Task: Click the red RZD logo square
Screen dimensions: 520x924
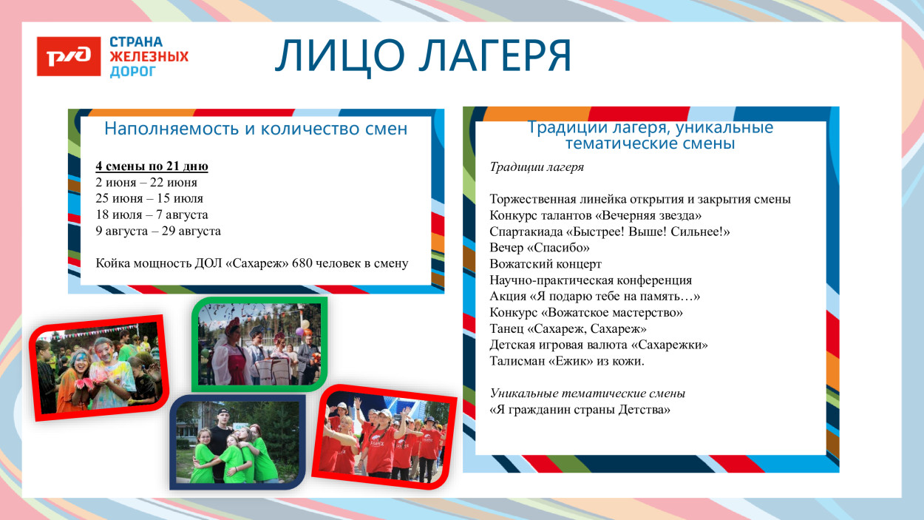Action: (x=69, y=56)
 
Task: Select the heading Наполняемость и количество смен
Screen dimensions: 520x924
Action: (x=255, y=129)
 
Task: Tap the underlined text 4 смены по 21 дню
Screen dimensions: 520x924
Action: (x=152, y=166)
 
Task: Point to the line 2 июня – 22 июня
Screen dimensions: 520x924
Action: (x=146, y=183)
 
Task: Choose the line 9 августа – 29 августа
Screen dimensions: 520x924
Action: (x=158, y=232)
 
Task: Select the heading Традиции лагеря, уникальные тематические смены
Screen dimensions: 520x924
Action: (x=650, y=135)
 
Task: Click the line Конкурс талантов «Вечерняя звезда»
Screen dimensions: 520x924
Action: (x=595, y=215)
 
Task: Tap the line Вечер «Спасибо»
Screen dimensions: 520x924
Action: (x=540, y=248)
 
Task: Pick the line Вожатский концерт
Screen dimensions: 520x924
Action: (x=546, y=264)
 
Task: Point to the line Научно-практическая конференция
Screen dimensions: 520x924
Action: (x=591, y=280)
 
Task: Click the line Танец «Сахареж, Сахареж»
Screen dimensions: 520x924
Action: (x=568, y=329)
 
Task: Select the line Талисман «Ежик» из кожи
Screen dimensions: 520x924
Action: (x=567, y=362)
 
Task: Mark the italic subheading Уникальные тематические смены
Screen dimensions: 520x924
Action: (x=587, y=394)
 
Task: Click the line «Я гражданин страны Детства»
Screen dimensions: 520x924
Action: (x=580, y=410)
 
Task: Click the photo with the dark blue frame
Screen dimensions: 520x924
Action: (x=237, y=442)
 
